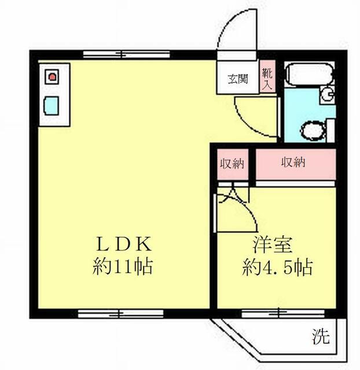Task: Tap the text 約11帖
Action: point(123,267)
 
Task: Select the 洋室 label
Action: point(271,245)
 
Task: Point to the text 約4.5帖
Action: point(277,268)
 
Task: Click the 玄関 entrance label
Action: point(237,78)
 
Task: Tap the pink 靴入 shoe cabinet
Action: point(267,77)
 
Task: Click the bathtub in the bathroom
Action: point(309,75)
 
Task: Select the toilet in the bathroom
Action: point(313,130)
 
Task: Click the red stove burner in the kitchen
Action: point(52,76)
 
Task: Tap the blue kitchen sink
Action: point(52,106)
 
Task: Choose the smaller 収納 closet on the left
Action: point(232,164)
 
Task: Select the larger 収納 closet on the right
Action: point(294,163)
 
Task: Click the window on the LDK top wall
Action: point(126,55)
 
